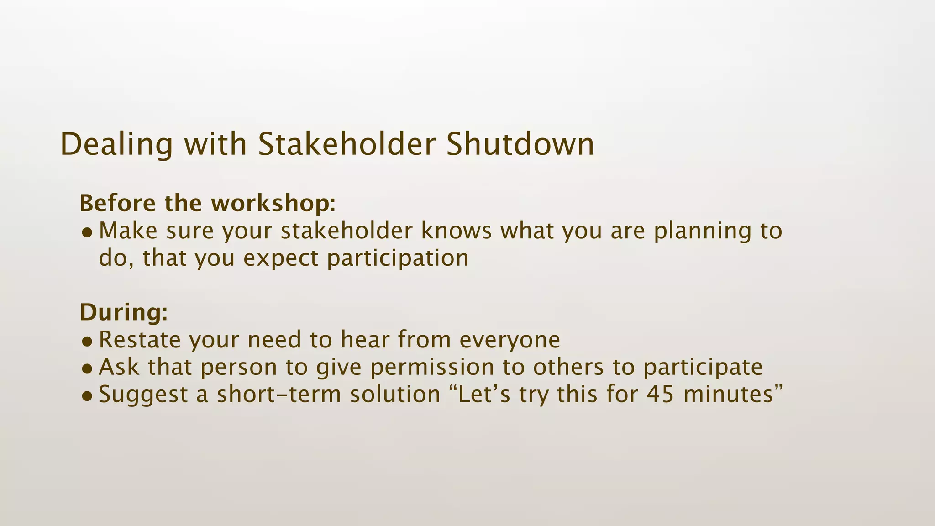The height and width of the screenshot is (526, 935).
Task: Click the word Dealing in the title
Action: point(116,144)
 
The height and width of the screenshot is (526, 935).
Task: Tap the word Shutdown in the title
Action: point(520,144)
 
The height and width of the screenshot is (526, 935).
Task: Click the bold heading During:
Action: point(124,312)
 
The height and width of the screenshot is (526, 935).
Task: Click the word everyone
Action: point(510,340)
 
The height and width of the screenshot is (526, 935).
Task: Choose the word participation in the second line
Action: point(398,258)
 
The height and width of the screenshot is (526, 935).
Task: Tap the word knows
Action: point(456,231)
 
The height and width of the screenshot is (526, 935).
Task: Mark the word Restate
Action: point(140,340)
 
